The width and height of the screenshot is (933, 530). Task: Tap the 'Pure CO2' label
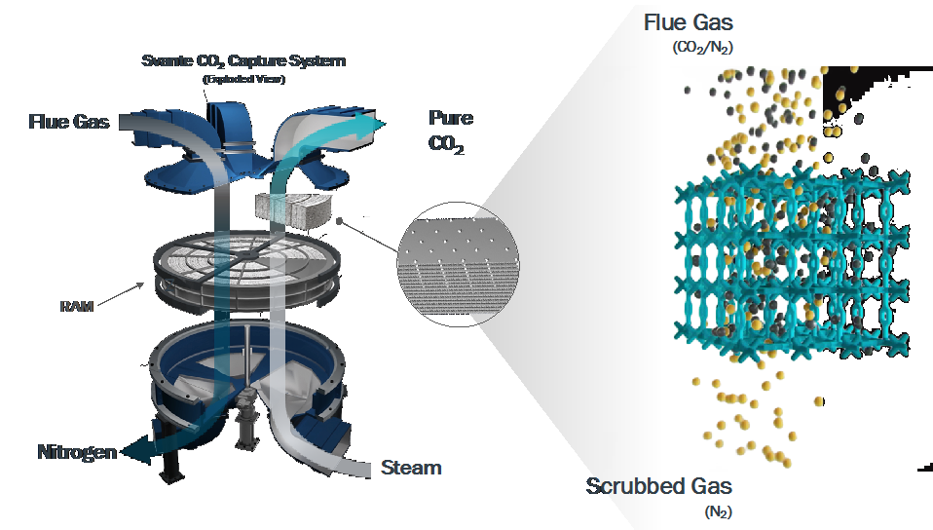451,132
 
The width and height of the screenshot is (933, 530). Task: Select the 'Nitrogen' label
77,452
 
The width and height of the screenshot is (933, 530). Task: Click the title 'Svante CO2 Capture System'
243,61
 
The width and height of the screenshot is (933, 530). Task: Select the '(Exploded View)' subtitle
243,79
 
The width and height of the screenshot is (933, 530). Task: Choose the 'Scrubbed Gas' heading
659,486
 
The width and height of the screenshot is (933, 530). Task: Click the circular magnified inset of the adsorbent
458,260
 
